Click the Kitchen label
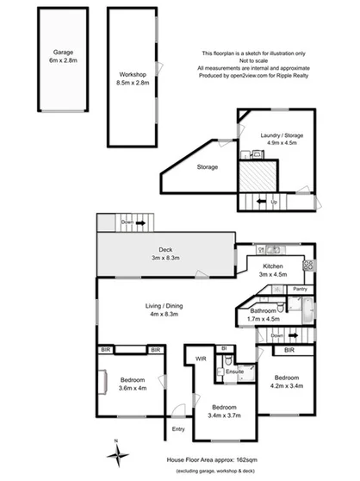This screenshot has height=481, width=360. [x=273, y=267]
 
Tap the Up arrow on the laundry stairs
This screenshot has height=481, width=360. [x=267, y=203]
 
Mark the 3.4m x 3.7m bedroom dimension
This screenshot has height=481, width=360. [x=224, y=413]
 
